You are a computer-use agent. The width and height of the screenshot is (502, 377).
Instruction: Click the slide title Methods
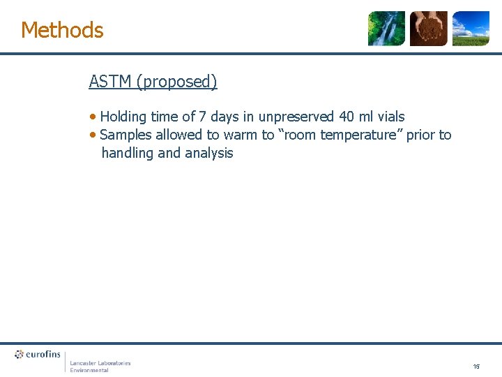click(x=62, y=30)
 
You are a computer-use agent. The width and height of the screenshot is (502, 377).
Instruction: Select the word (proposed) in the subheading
click(x=177, y=82)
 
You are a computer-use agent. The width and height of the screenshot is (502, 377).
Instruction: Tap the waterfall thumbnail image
click(x=386, y=29)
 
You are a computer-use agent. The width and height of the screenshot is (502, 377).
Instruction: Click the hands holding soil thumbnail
click(x=428, y=29)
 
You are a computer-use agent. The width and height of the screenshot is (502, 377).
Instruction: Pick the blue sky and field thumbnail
click(x=471, y=29)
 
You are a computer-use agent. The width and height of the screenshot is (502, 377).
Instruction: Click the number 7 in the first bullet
click(x=203, y=117)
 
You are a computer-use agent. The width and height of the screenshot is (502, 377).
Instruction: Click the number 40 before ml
click(x=347, y=117)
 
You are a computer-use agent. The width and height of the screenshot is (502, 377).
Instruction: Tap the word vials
click(x=390, y=117)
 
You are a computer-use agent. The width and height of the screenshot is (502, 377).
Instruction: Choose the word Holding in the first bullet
click(x=123, y=117)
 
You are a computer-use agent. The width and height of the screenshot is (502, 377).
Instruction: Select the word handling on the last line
click(x=128, y=153)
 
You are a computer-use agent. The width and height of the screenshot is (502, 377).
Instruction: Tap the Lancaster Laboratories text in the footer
click(x=100, y=363)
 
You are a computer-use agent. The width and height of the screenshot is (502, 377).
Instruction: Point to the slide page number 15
click(x=476, y=366)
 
